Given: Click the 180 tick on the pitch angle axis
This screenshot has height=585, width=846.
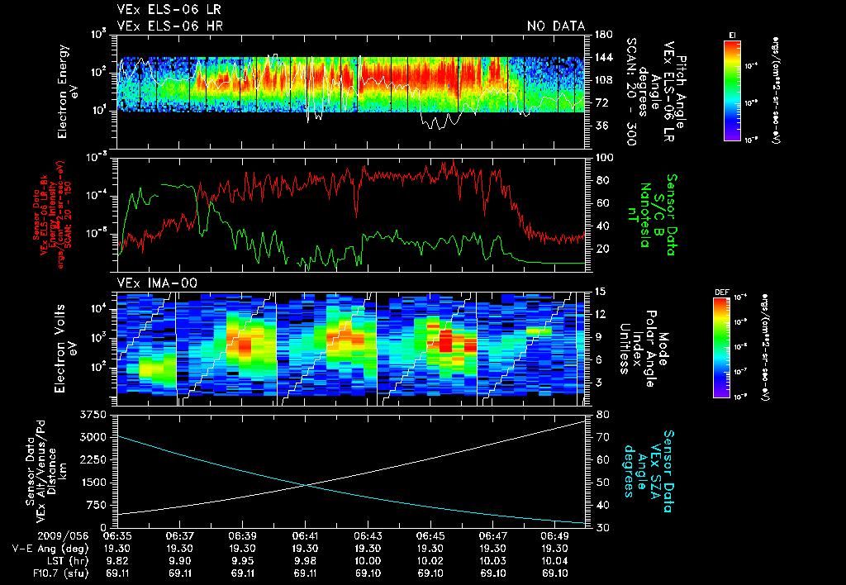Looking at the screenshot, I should click(602, 34).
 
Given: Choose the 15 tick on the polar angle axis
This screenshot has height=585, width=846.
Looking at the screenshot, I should click(600, 292).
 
